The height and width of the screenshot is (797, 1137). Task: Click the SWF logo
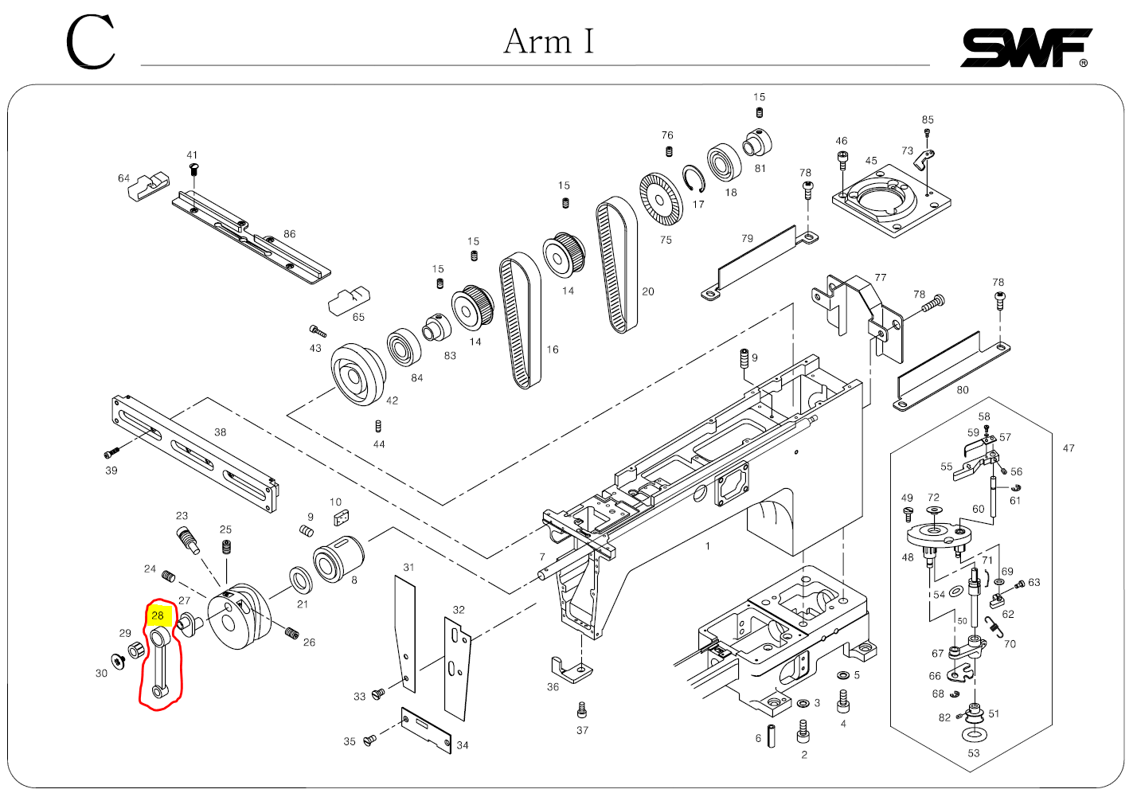pyautogui.click(x=1026, y=48)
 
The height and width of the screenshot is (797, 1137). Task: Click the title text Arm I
pyautogui.click(x=549, y=41)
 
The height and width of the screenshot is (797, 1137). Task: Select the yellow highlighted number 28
pyautogui.click(x=158, y=615)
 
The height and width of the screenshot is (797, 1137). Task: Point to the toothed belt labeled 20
pyautogui.click(x=617, y=264)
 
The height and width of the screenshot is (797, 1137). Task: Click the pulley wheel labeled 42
pyautogui.click(x=358, y=374)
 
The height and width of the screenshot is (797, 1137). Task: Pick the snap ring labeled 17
pyautogui.click(x=694, y=179)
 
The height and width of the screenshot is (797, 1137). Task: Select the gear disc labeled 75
pyautogui.click(x=661, y=198)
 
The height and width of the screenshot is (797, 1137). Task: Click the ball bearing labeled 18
pyautogui.click(x=725, y=162)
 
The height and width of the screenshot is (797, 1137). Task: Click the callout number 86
pyautogui.click(x=290, y=234)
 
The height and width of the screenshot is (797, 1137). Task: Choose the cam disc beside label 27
pyautogui.click(x=240, y=616)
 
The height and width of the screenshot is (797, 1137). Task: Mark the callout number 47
pyautogui.click(x=1069, y=448)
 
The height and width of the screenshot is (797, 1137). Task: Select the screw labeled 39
pyautogui.click(x=111, y=454)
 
